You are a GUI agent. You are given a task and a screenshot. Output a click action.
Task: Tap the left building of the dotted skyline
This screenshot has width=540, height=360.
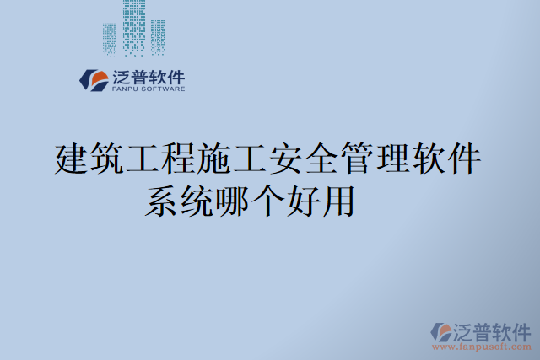pos(109,38)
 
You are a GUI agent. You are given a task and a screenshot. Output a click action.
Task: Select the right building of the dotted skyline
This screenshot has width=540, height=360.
pos(158,35)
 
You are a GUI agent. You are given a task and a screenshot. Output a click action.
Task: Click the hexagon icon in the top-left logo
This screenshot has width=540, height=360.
pos(93,79)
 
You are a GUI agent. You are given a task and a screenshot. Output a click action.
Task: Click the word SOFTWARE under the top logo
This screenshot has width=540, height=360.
pos(162,88)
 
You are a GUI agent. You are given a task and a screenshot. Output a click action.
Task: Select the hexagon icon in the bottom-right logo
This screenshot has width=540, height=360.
pos(440,330)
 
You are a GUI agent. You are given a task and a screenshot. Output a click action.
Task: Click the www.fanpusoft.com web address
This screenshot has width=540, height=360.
pos(482,347)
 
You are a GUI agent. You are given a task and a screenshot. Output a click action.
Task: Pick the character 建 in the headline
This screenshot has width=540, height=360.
pos(72,159)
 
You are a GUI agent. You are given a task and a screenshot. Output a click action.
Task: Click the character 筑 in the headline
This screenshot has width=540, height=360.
pos(107,159)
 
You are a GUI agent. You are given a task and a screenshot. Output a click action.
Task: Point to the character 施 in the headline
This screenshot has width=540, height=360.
pos(214,159)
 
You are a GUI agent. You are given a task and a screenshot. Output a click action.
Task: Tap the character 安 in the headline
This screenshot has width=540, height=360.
pos(286,159)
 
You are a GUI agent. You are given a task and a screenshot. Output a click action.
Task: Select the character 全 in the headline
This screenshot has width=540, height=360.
pos(321,159)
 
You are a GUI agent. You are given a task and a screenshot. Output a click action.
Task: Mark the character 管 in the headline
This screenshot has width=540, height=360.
pos(357,159)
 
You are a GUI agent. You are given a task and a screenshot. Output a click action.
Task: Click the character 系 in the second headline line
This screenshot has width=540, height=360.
pos(161,201)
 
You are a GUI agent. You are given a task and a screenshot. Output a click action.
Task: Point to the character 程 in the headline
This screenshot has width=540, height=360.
pos(179,159)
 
